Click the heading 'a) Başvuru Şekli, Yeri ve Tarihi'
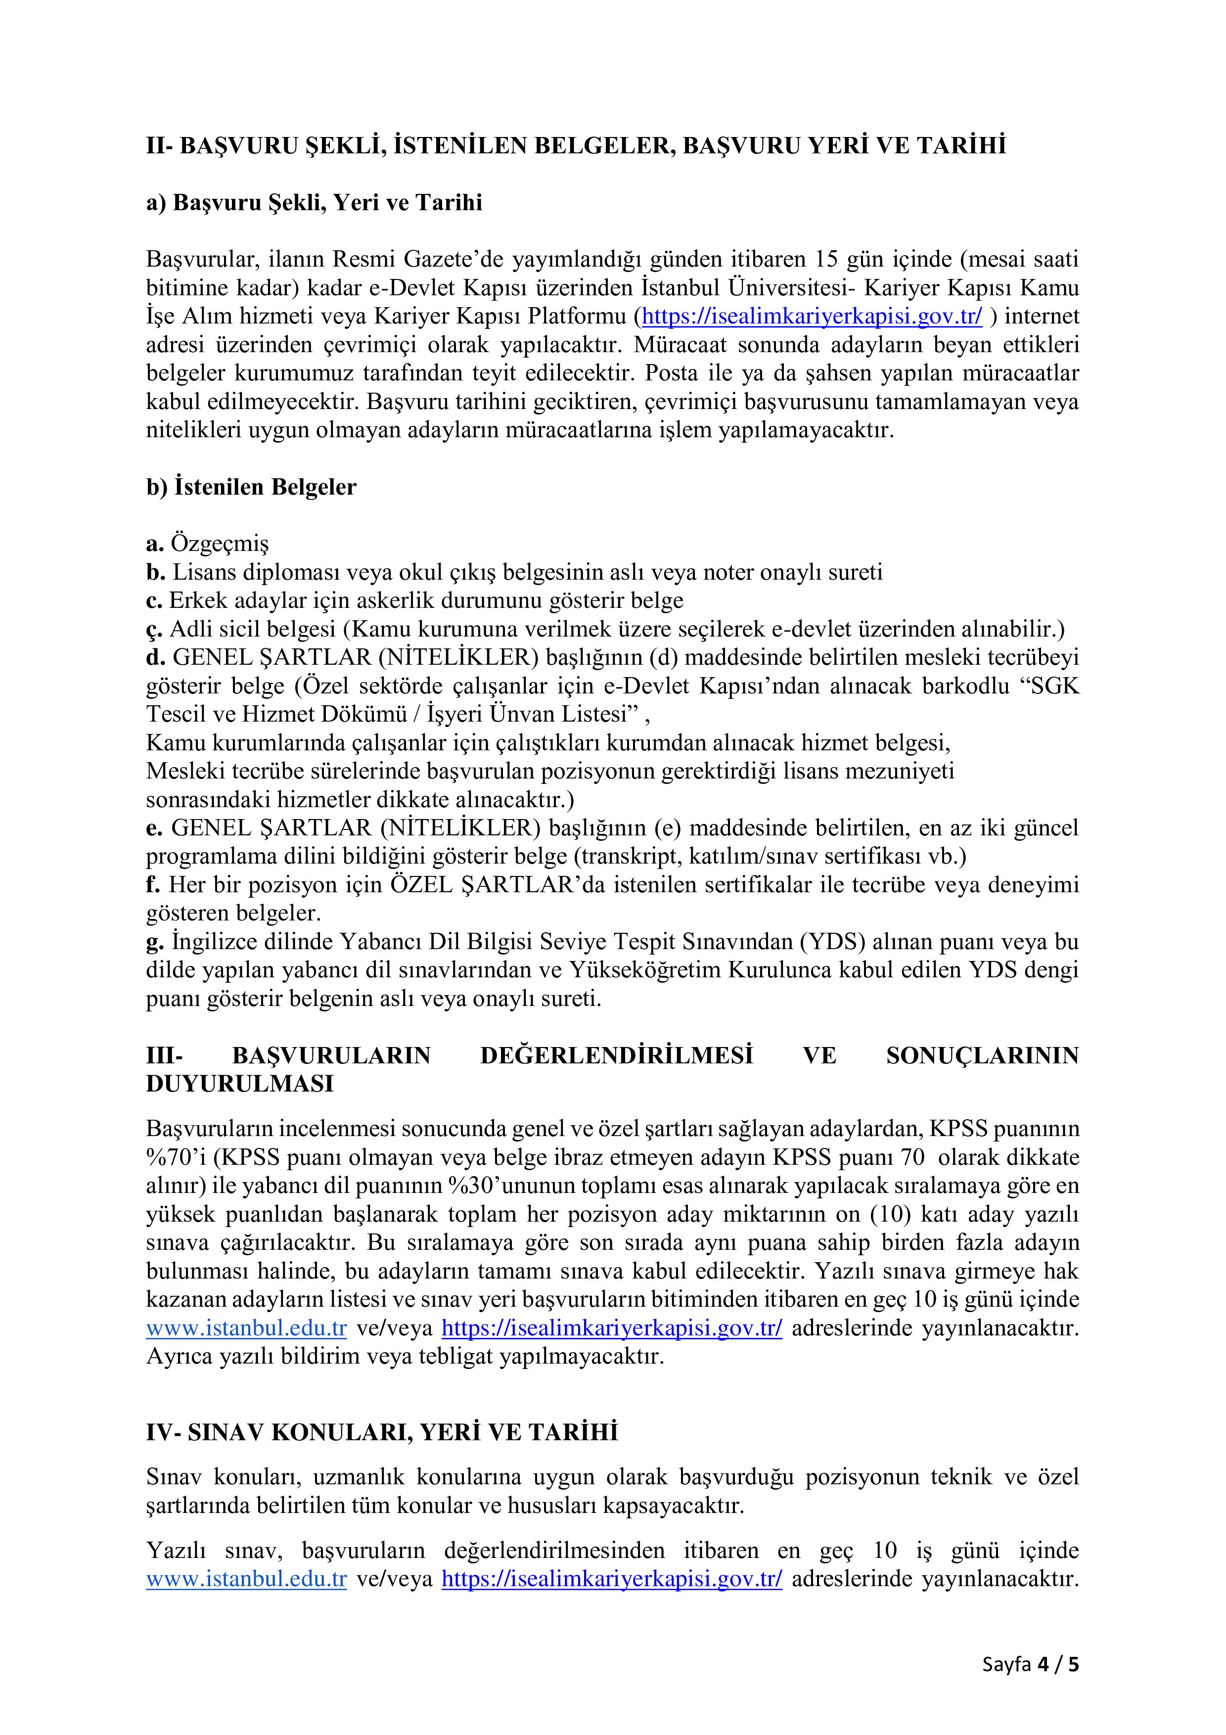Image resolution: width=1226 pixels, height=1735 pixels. [x=314, y=203]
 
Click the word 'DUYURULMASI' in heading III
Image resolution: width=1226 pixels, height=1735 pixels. [x=239, y=1084]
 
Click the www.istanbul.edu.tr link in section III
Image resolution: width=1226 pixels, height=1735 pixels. [x=246, y=1328]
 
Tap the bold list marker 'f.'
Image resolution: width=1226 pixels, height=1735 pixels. [x=153, y=885]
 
